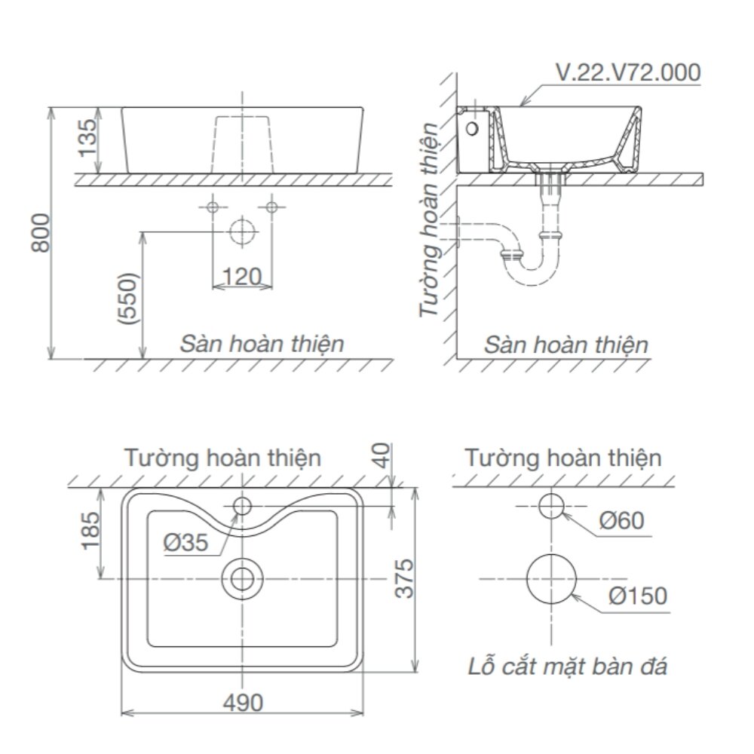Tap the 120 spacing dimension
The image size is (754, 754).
coord(241,277)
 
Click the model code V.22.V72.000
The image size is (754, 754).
coord(627,73)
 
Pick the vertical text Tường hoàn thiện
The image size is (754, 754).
coord(431,219)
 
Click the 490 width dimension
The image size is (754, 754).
coord(242,703)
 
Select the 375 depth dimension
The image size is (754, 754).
coord(406,578)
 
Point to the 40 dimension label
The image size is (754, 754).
coord(384,455)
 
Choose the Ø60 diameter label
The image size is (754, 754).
coord(622,520)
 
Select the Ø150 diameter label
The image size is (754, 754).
coord(638,596)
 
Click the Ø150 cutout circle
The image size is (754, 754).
coord(551,579)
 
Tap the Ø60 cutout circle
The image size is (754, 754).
coord(551,506)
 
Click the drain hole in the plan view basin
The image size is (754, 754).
coord(242,578)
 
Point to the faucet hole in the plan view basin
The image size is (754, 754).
coord(242,505)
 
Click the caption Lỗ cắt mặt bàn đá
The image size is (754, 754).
coord(566,667)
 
